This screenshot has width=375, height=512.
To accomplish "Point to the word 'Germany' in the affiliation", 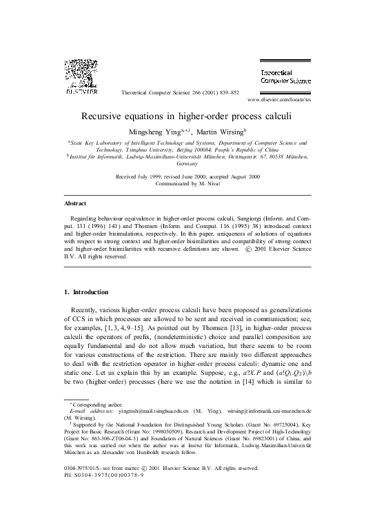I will pyautogui.click(x=187, y=164).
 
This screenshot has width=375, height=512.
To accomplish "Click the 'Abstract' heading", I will pyautogui.click(x=75, y=205).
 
